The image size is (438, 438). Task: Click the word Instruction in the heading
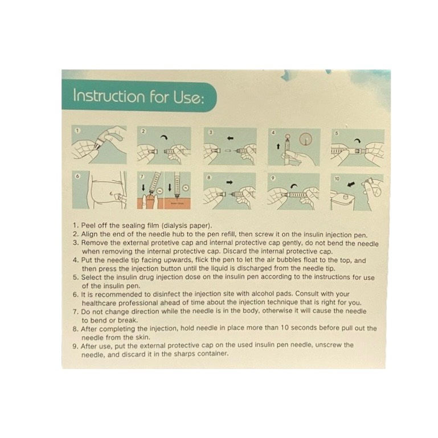(109, 96)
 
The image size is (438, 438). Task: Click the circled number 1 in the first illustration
(78, 130)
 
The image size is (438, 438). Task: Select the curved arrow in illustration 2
(164, 137)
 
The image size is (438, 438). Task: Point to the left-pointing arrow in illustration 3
(230, 138)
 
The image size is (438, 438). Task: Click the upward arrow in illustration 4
(278, 146)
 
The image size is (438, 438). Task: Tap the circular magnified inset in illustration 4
(306, 138)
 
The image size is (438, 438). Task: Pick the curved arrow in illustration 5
(358, 141)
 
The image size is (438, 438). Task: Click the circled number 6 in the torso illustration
(77, 176)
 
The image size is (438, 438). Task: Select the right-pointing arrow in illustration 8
(230, 182)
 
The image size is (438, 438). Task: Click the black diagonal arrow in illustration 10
(351, 184)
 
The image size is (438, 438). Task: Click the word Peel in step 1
(88, 226)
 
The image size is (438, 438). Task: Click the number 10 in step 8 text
(284, 328)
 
